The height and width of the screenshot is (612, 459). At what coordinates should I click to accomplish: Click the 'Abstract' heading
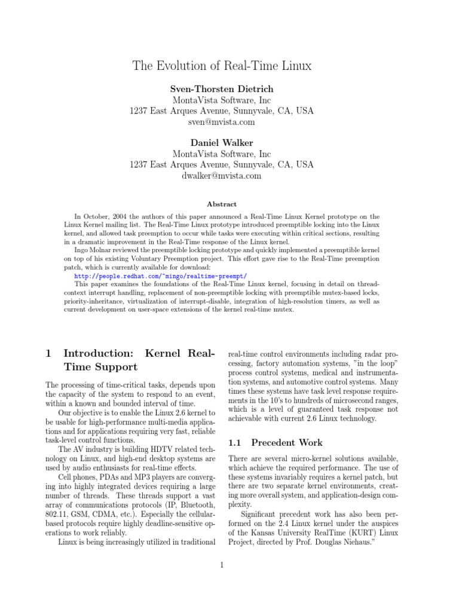[221, 204]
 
